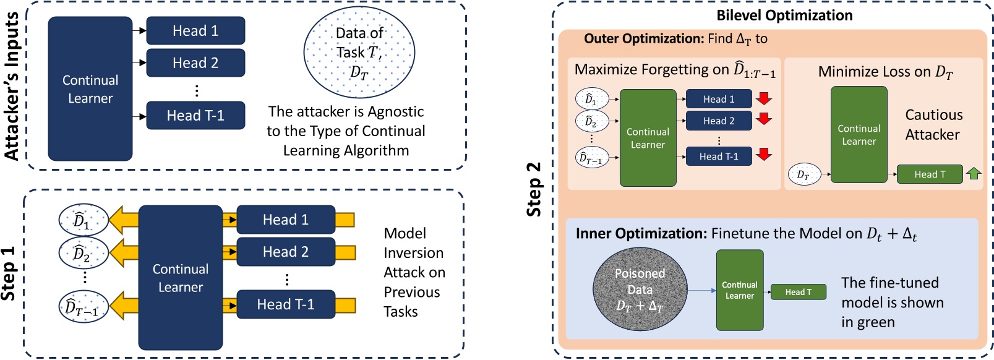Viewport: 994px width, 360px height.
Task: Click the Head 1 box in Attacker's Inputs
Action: pyautogui.click(x=195, y=31)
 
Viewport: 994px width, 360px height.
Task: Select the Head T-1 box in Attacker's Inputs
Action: pyautogui.click(x=195, y=116)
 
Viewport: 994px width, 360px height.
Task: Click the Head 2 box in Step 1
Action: pyautogui.click(x=286, y=252)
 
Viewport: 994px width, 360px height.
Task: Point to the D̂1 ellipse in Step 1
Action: pyautogui.click(x=83, y=220)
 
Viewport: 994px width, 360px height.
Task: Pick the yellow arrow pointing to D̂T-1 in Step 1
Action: pyautogui.click(x=124, y=306)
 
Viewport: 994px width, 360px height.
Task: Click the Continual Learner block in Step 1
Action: pyautogui.click(x=180, y=278)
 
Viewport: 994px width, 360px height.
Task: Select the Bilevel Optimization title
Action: pyautogui.click(x=784, y=15)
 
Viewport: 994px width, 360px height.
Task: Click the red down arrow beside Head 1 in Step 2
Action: pyautogui.click(x=764, y=98)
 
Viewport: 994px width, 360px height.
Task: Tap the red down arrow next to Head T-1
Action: pyautogui.click(x=764, y=155)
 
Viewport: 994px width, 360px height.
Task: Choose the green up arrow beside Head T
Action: pyautogui.click(x=974, y=174)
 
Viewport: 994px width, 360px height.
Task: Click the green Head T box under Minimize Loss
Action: pyautogui.click(x=930, y=174)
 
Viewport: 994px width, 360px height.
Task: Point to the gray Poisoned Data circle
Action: pyautogui.click(x=640, y=289)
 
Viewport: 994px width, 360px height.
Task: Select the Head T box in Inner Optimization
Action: pyautogui.click(x=798, y=292)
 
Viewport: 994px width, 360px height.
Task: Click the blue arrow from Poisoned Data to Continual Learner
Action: pyautogui.click(x=701, y=290)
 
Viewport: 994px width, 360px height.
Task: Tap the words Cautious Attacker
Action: pyautogui.click(x=933, y=124)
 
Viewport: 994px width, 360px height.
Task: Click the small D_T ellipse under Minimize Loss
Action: pyautogui.click(x=803, y=175)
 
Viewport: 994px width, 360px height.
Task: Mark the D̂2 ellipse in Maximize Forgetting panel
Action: pyautogui.click(x=591, y=122)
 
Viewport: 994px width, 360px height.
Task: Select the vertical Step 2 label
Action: pyautogui.click(x=534, y=189)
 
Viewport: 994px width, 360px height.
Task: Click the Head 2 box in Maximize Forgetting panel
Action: pyautogui.click(x=719, y=121)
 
